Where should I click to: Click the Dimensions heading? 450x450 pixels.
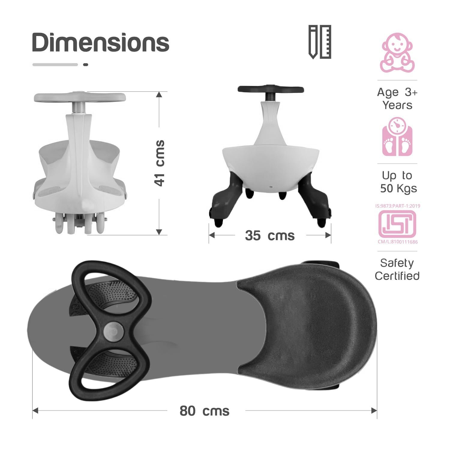(x=101, y=42)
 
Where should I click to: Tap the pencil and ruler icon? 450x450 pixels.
(x=320, y=42)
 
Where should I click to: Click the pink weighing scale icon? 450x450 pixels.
(x=397, y=136)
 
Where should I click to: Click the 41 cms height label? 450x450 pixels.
(x=160, y=163)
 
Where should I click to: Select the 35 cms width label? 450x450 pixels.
(x=270, y=235)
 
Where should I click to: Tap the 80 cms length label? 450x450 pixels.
(x=204, y=411)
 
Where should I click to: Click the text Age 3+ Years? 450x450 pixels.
(x=397, y=98)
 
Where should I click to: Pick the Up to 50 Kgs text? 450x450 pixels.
(x=398, y=182)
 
